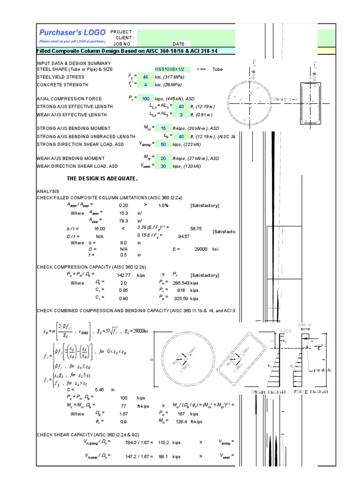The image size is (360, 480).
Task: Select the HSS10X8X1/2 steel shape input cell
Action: click(x=172, y=69)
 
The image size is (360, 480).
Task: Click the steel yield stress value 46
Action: click(x=145, y=77)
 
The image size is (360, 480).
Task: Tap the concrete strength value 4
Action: click(x=145, y=85)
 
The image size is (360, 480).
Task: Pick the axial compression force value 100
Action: click(x=145, y=99)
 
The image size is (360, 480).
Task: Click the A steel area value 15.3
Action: click(x=124, y=213)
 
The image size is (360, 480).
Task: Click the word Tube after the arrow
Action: click(x=217, y=69)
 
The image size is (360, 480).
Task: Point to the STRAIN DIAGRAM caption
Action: click(x=271, y=391)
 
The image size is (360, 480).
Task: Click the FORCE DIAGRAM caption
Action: click(x=311, y=391)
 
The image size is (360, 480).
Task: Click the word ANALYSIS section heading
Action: click(x=47, y=192)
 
